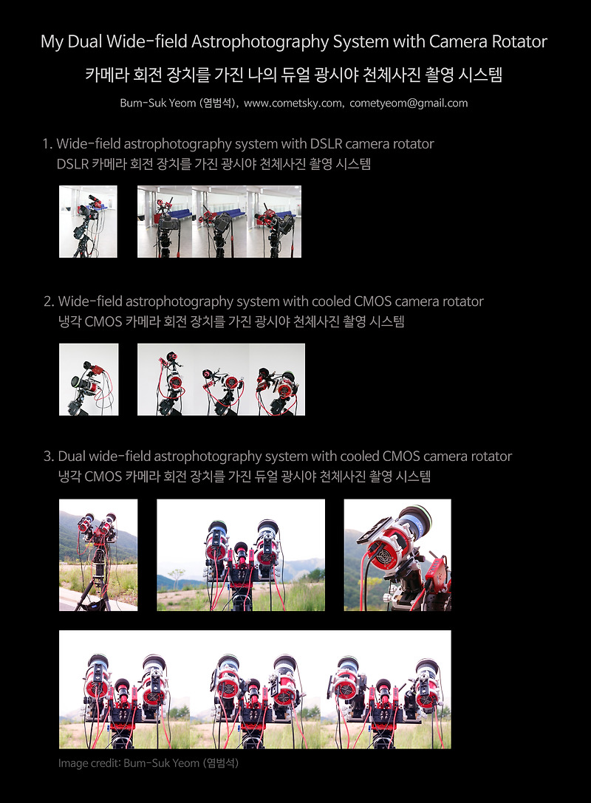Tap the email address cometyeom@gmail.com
[x=410, y=103]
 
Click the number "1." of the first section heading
[x=47, y=144]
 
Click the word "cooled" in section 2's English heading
[x=337, y=301]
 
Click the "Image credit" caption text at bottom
[x=148, y=762]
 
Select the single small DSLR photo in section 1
[x=88, y=222]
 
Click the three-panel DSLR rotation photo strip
[x=219, y=222]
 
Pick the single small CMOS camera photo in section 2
[x=88, y=380]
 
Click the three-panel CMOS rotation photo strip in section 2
[x=221, y=380]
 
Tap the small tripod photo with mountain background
[x=98, y=555]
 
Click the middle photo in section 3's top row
[x=241, y=555]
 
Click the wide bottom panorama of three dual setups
[x=255, y=689]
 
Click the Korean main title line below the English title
[x=294, y=75]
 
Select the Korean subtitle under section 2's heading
[x=230, y=322]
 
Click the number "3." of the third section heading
[x=48, y=457]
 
